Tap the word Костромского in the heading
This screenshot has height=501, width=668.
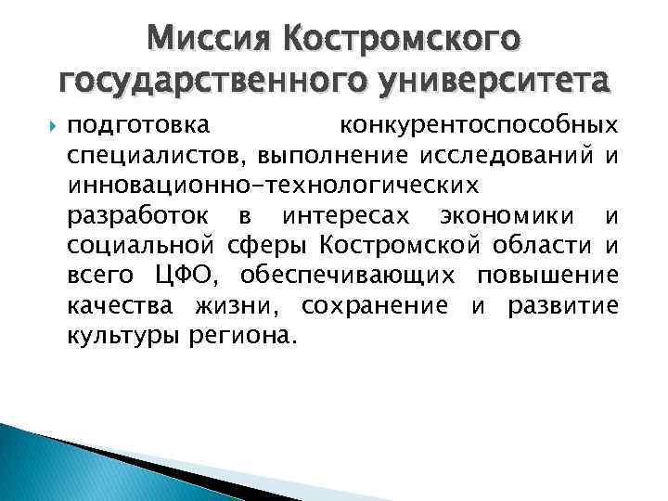tap(404, 39)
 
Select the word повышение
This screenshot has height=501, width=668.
tap(547, 275)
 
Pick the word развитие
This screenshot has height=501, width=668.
tap(562, 304)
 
